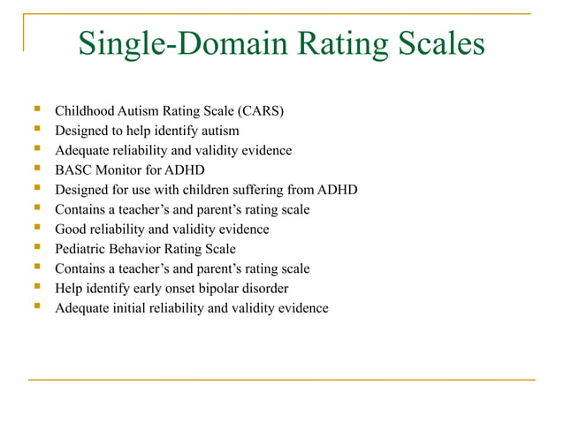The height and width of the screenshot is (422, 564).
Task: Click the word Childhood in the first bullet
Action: pos(84,111)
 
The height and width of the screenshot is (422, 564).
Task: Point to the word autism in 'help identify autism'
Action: pos(218,131)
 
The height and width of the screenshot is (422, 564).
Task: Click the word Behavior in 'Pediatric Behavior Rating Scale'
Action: pos(140,249)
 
